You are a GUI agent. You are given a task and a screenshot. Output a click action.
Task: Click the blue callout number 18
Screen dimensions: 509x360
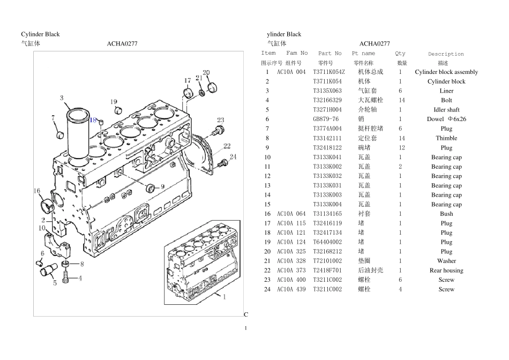pos(93,120)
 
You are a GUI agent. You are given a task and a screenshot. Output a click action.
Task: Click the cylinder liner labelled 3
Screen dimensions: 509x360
pos(78,133)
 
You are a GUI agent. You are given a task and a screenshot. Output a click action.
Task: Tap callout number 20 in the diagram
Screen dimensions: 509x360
pos(206,72)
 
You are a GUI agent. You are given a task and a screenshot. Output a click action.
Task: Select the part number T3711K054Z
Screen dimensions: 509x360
pos(329,72)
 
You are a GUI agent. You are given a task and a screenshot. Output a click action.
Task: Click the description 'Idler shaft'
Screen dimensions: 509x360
pos(446,110)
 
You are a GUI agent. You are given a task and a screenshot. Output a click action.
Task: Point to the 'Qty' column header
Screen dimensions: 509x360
pos(400,54)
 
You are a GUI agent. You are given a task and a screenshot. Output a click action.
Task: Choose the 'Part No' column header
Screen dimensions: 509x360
pos(330,53)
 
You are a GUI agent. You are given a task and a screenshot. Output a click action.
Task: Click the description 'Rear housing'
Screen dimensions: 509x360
pos(446,271)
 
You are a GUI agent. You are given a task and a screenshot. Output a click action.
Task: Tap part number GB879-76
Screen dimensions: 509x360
pos(326,119)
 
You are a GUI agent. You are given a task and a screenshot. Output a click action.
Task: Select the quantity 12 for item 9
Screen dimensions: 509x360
pos(401,148)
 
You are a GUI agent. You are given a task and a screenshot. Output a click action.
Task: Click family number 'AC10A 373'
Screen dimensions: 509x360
pos(291,271)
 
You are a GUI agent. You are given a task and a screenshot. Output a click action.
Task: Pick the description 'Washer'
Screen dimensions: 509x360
pos(446,261)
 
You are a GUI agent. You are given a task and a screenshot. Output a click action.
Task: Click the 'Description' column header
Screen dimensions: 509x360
pos(446,54)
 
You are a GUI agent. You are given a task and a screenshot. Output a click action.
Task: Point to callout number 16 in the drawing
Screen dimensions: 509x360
pos(37,191)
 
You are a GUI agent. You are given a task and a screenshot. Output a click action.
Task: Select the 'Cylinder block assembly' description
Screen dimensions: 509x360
pos(446,72)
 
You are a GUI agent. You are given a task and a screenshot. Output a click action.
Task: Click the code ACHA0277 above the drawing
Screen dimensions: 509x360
pos(122,43)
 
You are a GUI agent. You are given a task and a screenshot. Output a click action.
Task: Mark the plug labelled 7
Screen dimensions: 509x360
pos(59,134)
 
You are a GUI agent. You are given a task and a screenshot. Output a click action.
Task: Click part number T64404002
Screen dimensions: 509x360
pos(327,242)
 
